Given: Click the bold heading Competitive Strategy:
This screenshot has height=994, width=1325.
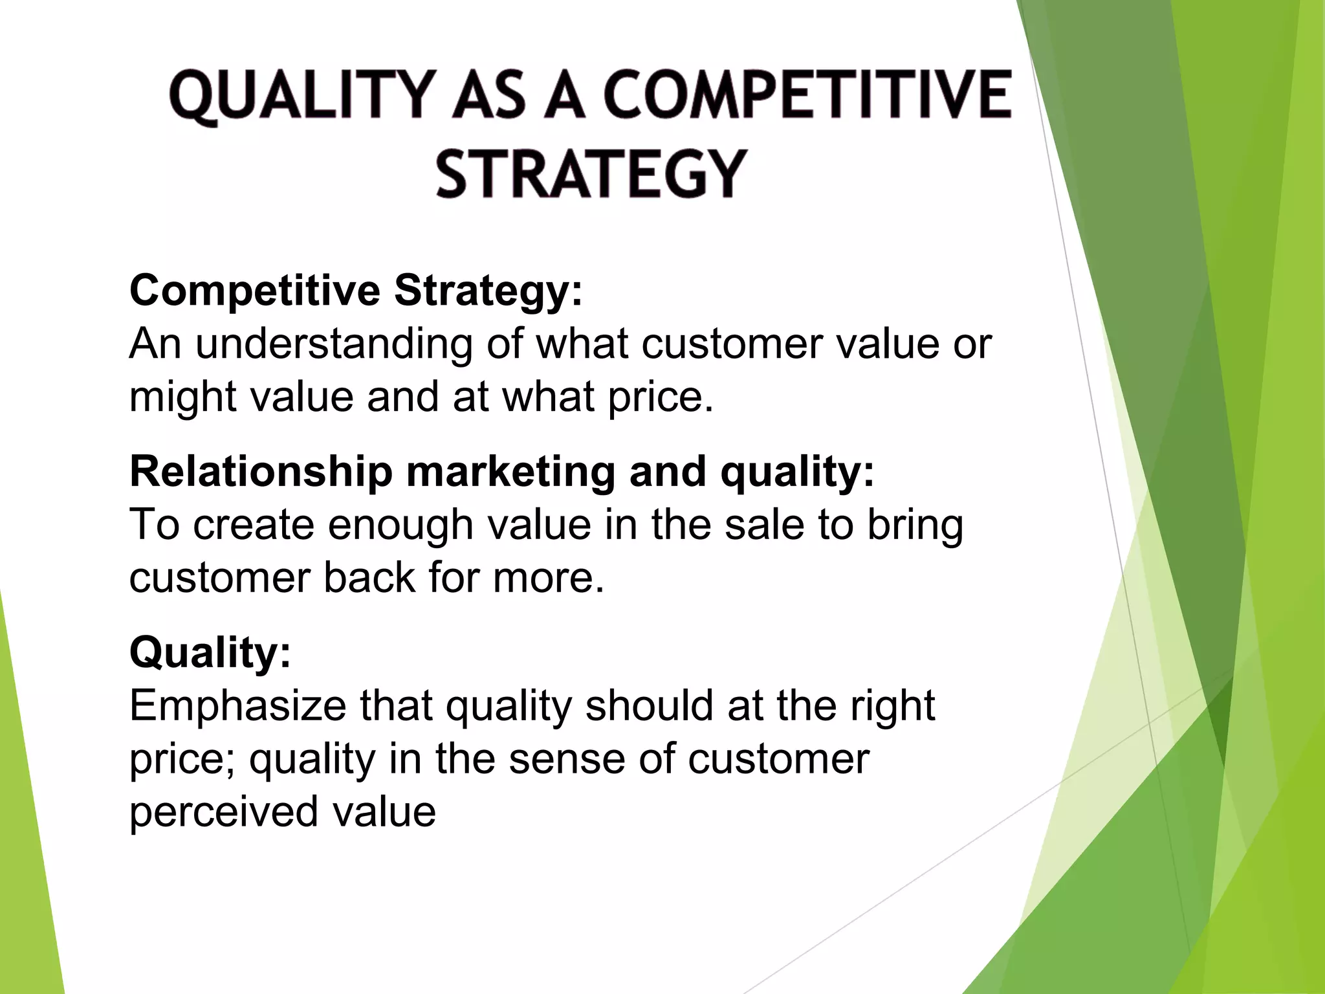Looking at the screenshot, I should point(356,291).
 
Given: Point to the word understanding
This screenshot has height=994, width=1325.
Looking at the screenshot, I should point(334,344).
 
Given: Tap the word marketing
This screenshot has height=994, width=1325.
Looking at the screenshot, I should point(510,471).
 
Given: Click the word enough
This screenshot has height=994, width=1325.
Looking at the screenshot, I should point(400,524).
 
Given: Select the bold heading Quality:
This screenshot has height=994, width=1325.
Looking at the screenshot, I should point(211,652).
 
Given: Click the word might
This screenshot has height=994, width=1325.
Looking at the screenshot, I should point(183,397).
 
